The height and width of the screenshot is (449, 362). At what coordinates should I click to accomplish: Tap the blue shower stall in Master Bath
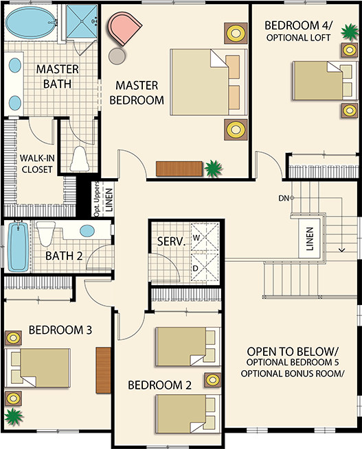(x=82, y=21)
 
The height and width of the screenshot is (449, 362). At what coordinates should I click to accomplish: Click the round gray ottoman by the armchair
(x=117, y=56)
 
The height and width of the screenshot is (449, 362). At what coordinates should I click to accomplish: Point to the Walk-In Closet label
(x=37, y=164)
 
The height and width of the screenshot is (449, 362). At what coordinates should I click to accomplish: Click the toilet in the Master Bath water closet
(x=79, y=158)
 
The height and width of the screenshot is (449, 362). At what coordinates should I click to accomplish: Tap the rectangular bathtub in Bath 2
(x=18, y=247)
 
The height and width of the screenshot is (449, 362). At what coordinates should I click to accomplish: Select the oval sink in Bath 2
(x=87, y=231)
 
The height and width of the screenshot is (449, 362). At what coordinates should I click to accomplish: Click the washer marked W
(x=205, y=237)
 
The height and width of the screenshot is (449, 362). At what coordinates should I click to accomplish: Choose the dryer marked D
(x=205, y=268)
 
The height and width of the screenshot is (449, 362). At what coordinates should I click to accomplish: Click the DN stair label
(x=284, y=198)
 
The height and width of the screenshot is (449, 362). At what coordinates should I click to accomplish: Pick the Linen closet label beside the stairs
(x=310, y=239)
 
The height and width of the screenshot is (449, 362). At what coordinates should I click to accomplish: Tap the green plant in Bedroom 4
(x=350, y=32)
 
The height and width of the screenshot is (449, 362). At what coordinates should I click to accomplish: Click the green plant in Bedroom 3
(x=14, y=417)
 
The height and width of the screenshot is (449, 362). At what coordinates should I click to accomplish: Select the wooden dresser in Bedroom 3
(x=103, y=370)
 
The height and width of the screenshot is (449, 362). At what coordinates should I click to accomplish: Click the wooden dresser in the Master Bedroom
(x=179, y=169)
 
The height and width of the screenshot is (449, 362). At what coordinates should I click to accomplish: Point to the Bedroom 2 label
(x=159, y=385)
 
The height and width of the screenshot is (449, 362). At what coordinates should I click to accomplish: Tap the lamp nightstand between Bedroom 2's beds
(x=212, y=380)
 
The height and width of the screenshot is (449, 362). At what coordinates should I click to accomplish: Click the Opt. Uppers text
(x=97, y=199)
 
